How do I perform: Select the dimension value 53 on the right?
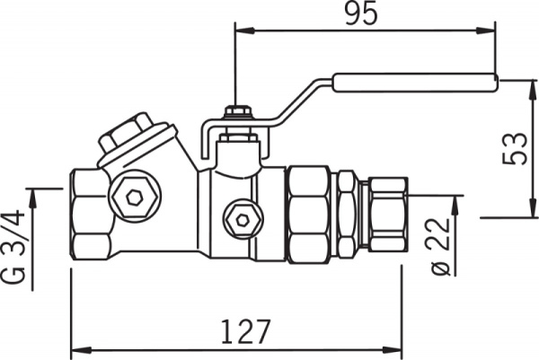click(515, 148)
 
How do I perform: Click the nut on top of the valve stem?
click(236, 112)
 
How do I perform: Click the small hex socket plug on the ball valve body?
click(242, 217)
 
